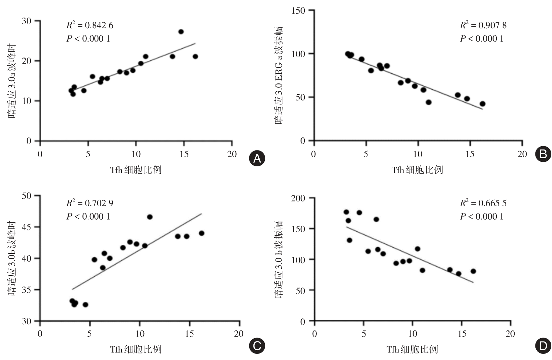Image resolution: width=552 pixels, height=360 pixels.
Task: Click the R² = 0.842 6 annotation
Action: (90, 25)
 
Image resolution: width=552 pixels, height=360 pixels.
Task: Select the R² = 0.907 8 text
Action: (483, 25)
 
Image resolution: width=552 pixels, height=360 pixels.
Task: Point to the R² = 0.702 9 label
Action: (90, 203)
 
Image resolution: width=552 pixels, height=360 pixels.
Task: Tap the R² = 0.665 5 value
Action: (483, 203)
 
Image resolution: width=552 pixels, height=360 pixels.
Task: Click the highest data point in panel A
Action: (181, 32)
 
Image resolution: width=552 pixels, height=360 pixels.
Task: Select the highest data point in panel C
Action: (150, 217)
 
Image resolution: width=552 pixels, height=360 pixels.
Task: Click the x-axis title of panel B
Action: (417, 170)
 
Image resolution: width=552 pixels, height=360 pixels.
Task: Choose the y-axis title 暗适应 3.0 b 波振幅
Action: (279, 260)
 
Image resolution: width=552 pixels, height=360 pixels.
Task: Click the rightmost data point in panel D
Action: (473, 271)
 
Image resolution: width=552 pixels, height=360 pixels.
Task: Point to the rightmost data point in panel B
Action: (482, 104)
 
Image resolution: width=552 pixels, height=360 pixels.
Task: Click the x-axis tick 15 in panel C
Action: (189, 334)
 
